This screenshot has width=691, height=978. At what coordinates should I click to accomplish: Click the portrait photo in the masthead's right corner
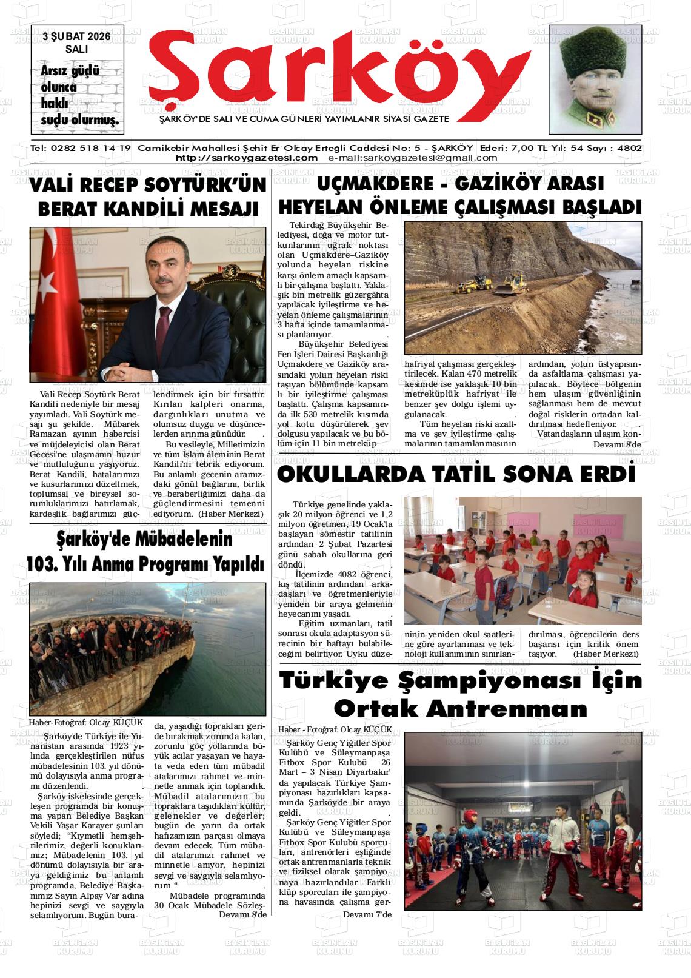[595, 79]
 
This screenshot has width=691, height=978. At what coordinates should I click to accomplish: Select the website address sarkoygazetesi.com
[246, 158]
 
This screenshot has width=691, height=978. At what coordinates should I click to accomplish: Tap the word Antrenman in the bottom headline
[461, 708]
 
